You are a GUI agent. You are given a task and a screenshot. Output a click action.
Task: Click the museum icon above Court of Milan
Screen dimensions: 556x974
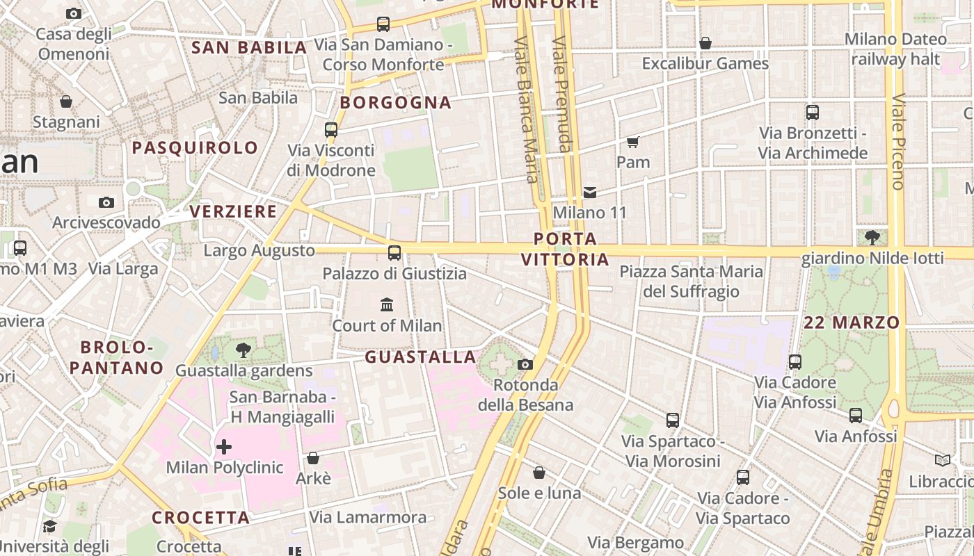(x=386, y=304)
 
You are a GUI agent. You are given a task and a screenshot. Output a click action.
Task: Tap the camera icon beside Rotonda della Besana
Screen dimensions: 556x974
(x=525, y=364)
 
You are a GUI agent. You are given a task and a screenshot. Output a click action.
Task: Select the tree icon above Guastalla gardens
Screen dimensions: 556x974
(x=243, y=350)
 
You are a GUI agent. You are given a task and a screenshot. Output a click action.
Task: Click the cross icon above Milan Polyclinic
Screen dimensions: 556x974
(x=224, y=446)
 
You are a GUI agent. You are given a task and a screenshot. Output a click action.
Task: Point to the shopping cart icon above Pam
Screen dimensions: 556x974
(x=632, y=142)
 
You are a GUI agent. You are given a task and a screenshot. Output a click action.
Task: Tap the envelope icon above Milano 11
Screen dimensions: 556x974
(x=590, y=192)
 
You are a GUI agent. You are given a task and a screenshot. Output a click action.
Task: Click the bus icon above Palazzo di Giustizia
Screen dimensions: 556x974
(x=394, y=252)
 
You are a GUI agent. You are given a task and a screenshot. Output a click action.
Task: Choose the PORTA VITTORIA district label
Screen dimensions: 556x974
(x=565, y=249)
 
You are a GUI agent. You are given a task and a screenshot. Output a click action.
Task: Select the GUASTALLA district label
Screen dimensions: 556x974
(x=420, y=357)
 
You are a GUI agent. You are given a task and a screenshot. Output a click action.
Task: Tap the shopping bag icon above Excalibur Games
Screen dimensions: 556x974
(x=705, y=43)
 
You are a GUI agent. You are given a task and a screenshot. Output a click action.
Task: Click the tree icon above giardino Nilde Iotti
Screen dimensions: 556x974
(x=872, y=238)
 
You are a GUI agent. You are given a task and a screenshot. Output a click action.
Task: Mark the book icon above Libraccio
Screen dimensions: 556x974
(x=943, y=460)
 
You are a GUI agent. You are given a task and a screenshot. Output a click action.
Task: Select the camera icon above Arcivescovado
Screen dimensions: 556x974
(x=106, y=202)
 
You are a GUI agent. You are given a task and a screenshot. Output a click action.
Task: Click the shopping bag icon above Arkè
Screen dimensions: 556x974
(x=313, y=458)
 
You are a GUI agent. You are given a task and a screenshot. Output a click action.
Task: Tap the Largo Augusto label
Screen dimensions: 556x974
(x=259, y=250)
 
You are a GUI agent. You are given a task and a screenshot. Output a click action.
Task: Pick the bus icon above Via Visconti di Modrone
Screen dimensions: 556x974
(x=331, y=130)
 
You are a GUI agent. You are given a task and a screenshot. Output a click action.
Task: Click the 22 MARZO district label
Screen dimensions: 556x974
(x=852, y=322)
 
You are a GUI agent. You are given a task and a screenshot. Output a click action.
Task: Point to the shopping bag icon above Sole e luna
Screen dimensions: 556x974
(x=539, y=473)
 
